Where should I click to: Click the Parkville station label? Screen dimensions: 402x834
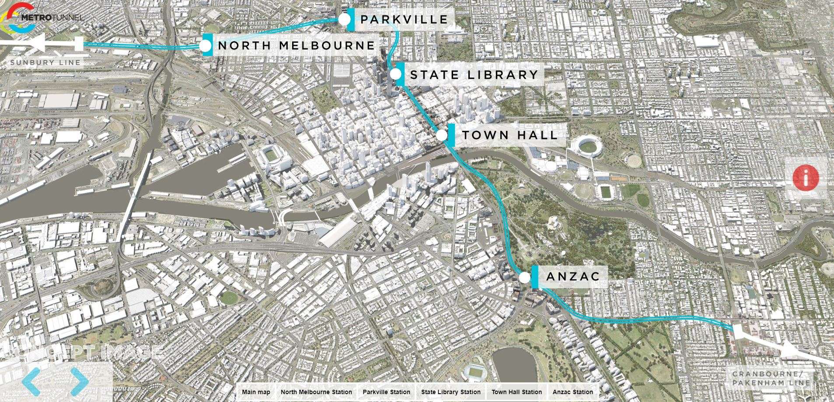[404, 20]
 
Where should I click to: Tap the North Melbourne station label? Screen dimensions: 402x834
[296, 45]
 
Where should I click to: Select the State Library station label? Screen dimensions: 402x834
[474, 75]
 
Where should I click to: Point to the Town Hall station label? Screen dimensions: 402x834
[509, 135]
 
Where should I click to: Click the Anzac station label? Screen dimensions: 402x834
[572, 276]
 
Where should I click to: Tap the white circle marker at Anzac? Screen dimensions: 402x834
[525, 277]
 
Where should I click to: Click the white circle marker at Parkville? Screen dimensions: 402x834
[344, 19]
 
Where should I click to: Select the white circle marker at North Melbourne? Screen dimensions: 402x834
[206, 45]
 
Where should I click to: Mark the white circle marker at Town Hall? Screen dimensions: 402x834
[442, 135]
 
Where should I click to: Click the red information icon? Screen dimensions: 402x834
[806, 178]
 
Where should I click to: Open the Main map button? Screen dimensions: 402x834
[256, 392]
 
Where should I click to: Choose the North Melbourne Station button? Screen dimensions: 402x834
[316, 392]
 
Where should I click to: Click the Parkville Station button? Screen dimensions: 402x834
[386, 392]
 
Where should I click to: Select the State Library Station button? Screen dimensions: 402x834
[450, 392]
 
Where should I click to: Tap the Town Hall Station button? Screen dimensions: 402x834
[516, 392]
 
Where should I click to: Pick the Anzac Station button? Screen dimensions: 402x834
[572, 392]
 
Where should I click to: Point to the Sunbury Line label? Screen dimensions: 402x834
[45, 63]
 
